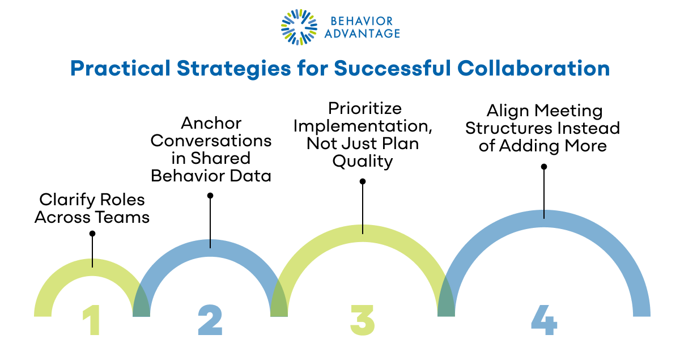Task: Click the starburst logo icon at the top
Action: coord(298,27)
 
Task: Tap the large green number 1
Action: coord(91,321)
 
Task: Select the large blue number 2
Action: coord(210,321)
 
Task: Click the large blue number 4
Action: coord(544,320)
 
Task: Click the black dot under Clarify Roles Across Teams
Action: coord(92,234)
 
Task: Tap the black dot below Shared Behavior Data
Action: coord(210,196)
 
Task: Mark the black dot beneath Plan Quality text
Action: coord(363,181)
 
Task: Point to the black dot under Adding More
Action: coord(544,167)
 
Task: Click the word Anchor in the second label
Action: coord(211,124)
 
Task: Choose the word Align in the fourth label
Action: coord(507,111)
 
